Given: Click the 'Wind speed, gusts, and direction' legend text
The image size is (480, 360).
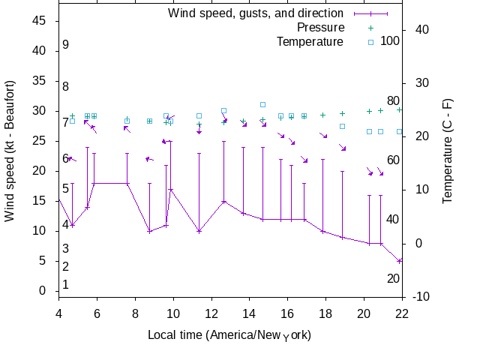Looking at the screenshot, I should tap(256, 13).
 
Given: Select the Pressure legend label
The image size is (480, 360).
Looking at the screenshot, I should tap(320, 28).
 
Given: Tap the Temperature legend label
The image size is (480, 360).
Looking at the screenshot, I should tap(310, 42).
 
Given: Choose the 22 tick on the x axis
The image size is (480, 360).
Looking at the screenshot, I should tap(403, 313).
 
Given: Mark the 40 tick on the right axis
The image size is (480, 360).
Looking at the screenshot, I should tap(421, 30).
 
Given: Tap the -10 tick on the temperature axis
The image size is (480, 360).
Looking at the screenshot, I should tap(421, 297).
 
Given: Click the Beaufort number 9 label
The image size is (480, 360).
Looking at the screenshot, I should tap(66, 45).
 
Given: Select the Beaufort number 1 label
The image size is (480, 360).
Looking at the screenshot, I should tap(66, 285).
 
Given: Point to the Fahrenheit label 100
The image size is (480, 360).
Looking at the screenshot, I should tap(390, 40).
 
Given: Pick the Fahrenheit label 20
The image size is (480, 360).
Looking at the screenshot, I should tap(393, 279).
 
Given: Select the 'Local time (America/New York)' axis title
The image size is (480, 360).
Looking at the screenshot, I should tap(229, 334).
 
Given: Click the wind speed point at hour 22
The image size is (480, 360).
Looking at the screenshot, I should tap(400, 261).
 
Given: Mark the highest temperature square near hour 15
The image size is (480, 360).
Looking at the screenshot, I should tap(262, 105).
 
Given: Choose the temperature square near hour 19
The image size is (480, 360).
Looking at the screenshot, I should tap(342, 126).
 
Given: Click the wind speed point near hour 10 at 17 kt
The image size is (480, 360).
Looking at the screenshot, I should tap(170, 189).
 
